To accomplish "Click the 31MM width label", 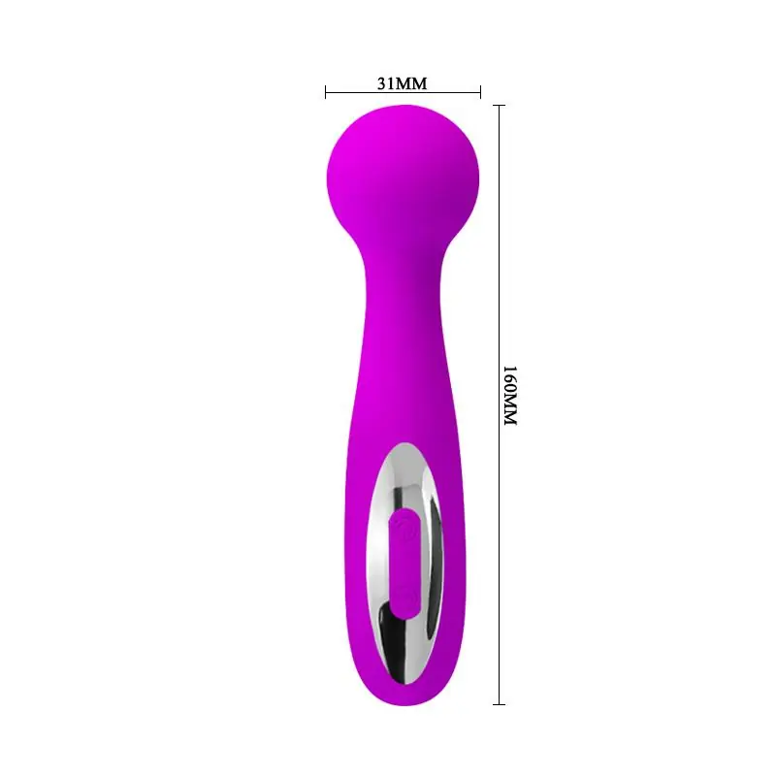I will point(403,82).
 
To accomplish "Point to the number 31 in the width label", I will point(385,82).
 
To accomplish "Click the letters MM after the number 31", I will point(412,82).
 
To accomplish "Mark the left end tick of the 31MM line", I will point(326,94).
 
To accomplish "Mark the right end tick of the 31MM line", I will point(480,94).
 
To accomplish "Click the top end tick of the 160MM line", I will point(500,106).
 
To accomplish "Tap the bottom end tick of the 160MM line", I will point(500,703).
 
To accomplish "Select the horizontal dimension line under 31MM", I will point(403,94).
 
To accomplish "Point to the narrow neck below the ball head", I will point(403,281).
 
